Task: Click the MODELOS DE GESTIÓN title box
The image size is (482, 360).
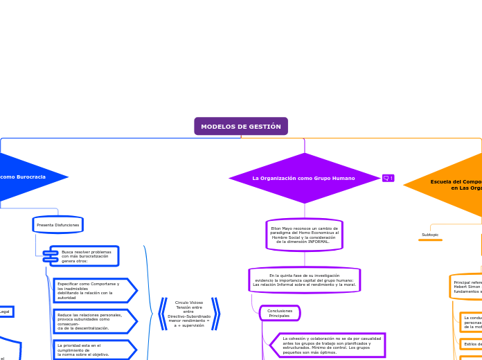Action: tap(241, 127)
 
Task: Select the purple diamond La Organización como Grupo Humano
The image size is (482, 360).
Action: tap(304, 178)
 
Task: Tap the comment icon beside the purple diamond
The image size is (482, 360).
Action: tap(388, 178)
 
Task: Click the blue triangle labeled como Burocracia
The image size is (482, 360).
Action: tap(28, 177)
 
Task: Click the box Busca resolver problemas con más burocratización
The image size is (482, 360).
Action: tap(87, 256)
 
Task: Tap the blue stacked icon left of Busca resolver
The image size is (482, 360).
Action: tap(51, 256)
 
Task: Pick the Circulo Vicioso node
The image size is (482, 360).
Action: tap(189, 314)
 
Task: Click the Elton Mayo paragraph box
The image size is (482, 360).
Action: tap(305, 235)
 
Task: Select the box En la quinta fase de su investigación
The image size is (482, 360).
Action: tap(305, 280)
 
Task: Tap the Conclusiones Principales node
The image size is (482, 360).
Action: tap(280, 314)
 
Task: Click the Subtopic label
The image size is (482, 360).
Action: tap(430, 235)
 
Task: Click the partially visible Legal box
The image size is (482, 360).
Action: tap(6, 312)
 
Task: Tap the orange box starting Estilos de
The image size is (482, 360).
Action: tap(472, 343)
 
